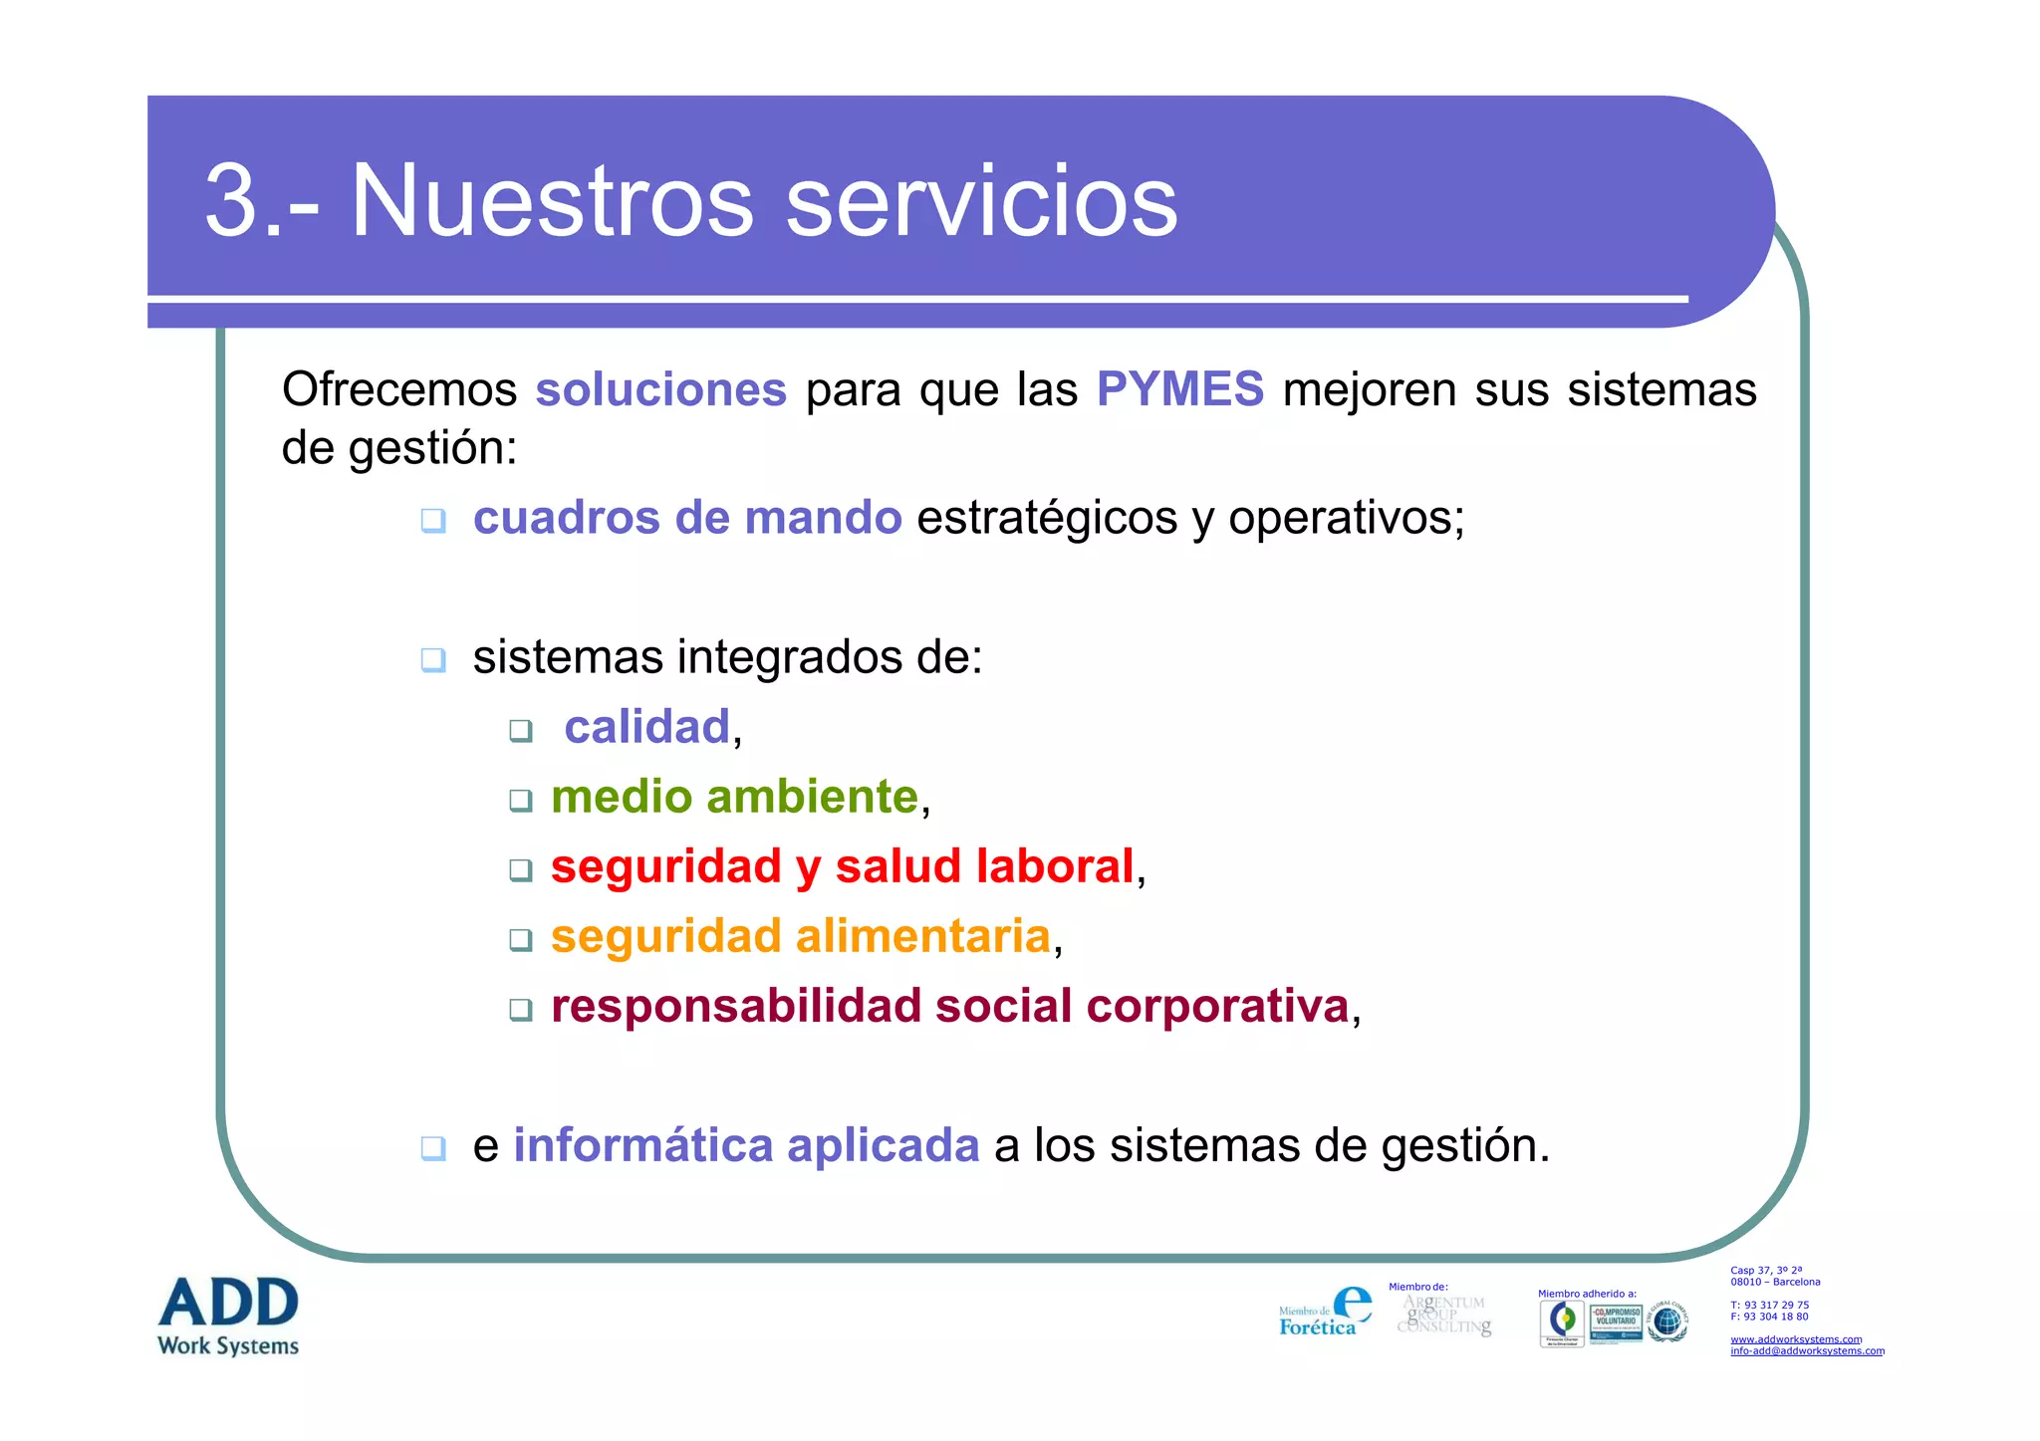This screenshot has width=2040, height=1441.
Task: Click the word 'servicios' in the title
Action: click(x=981, y=202)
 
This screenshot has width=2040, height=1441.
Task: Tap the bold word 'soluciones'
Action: click(x=660, y=389)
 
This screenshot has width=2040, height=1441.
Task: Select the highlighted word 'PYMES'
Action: click(x=1179, y=389)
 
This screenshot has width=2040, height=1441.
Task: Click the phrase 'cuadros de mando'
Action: click(x=687, y=518)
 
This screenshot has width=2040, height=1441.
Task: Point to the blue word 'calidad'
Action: click(x=647, y=727)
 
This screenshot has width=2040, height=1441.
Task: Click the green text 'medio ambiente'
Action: click(x=734, y=797)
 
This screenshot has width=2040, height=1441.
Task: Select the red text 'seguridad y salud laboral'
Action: click(x=842, y=866)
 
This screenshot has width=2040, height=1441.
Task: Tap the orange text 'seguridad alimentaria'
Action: click(x=800, y=936)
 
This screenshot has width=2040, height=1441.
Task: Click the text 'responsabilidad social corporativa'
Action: click(x=949, y=1006)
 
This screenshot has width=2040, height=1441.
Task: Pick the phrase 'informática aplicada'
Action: click(x=746, y=1145)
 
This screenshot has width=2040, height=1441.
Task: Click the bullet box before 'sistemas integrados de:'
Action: click(x=432, y=659)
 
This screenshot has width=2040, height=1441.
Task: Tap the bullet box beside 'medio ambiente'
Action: click(x=520, y=800)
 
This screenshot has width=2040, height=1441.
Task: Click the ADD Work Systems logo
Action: click(x=228, y=1315)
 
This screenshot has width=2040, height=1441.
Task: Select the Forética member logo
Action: click(x=1325, y=1313)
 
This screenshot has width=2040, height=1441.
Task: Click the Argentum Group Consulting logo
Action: click(x=1444, y=1315)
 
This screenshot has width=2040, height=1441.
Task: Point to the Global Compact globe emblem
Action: click(x=1666, y=1322)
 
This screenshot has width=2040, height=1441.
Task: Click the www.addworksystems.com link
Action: click(x=1795, y=1339)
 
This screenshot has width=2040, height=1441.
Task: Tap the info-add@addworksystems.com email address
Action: click(x=1806, y=1351)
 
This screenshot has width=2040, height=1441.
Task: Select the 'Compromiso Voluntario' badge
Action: click(x=1616, y=1322)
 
